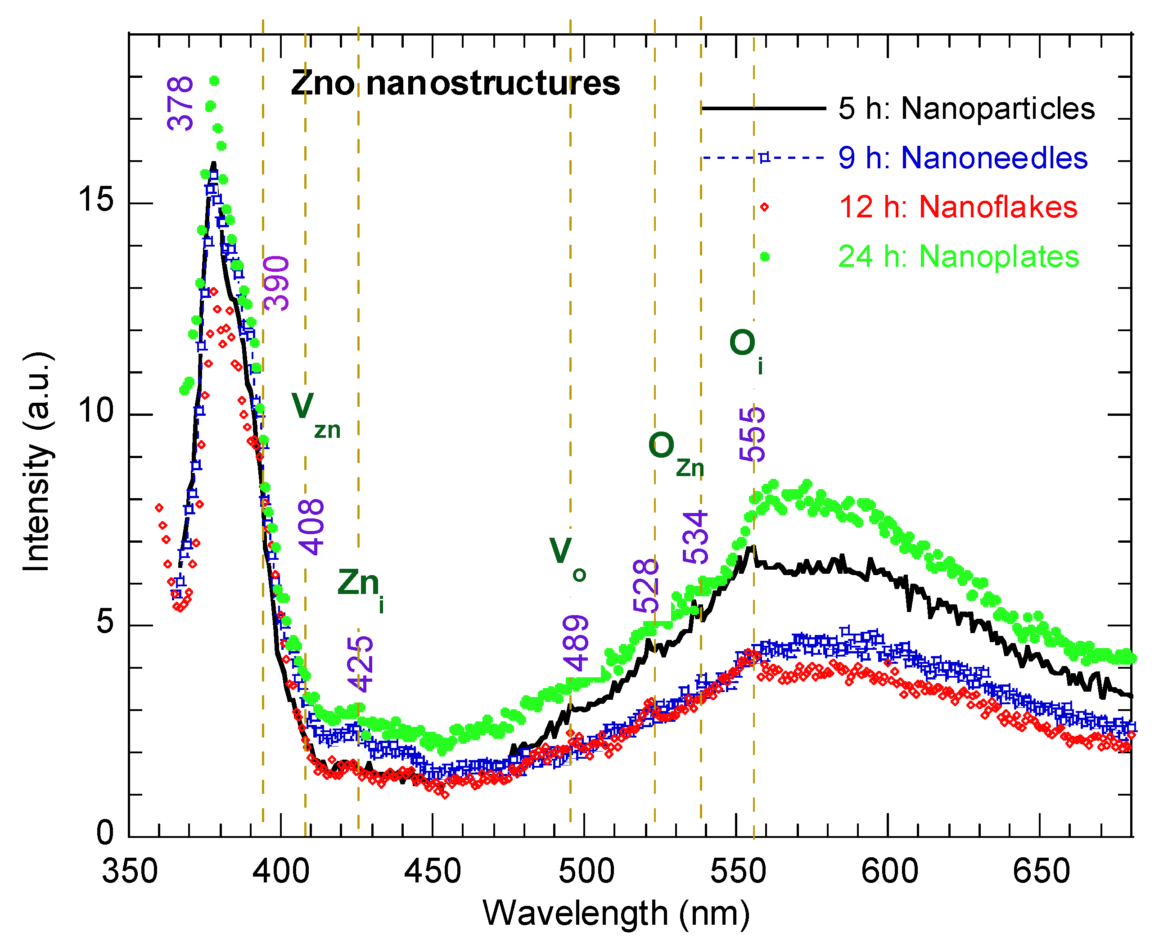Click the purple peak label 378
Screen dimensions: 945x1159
[x=180, y=103]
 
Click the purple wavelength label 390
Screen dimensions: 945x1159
[x=276, y=283]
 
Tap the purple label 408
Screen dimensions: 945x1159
[x=311, y=527]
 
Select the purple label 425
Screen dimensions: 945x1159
[x=361, y=665]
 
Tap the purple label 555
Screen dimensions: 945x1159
[x=753, y=434]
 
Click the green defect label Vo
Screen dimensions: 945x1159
[x=567, y=556]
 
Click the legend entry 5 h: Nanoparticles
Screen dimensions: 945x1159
[x=966, y=108]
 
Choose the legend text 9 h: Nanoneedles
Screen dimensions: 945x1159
[x=962, y=158]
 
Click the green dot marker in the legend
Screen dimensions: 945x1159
[x=765, y=256]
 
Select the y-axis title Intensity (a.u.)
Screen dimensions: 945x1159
[x=37, y=462]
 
